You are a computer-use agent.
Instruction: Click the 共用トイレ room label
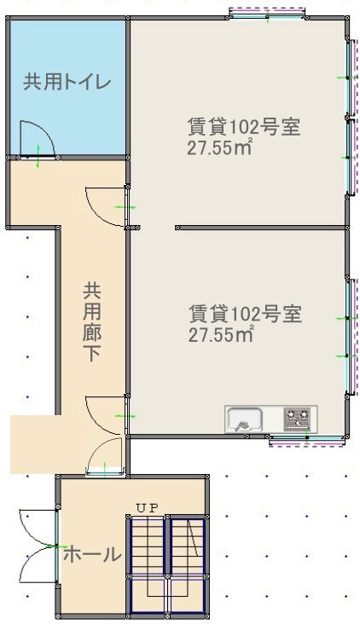click(67, 82)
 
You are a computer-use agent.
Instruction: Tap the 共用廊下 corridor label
click(92, 322)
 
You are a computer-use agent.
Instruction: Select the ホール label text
click(92, 554)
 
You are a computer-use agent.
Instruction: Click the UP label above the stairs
click(148, 508)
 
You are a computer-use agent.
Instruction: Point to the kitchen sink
click(244, 420)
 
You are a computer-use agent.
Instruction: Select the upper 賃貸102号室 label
click(244, 127)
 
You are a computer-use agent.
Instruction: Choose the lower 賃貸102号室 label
click(246, 314)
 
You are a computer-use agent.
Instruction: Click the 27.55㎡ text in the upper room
click(219, 147)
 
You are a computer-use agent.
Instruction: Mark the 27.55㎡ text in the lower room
click(221, 334)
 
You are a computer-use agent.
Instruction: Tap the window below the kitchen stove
click(307, 440)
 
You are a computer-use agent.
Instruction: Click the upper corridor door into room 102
click(107, 206)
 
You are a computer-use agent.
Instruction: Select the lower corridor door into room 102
click(107, 415)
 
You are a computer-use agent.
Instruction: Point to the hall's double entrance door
click(38, 546)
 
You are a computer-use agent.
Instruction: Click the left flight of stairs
click(148, 567)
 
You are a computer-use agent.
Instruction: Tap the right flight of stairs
click(188, 567)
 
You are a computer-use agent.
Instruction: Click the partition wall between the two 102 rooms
click(261, 228)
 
